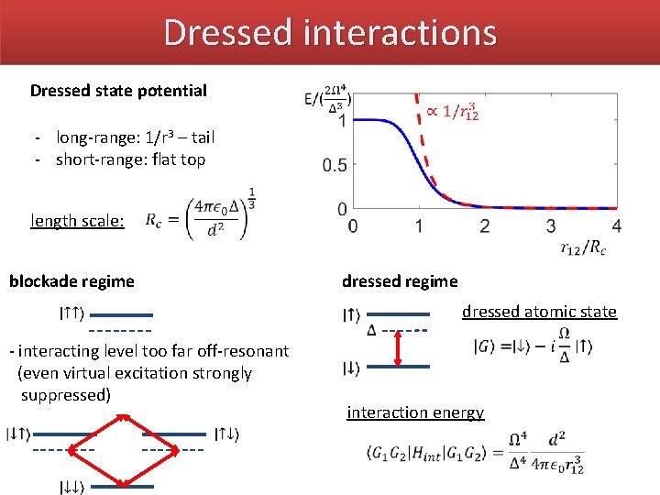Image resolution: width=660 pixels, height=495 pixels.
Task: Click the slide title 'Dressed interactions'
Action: (330, 32)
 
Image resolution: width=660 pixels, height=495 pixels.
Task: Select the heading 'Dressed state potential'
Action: (118, 91)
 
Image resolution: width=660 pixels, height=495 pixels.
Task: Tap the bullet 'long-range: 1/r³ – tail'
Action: (135, 137)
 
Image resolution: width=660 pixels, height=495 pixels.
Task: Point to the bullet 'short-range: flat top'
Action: (130, 159)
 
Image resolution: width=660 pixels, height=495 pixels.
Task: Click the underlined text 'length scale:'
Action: (77, 221)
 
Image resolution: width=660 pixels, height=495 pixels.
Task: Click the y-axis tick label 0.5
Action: (334, 165)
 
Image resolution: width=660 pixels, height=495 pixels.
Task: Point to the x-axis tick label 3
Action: (551, 226)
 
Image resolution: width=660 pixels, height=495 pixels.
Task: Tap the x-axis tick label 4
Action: (616, 226)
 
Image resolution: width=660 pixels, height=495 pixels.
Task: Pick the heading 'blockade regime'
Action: (71, 281)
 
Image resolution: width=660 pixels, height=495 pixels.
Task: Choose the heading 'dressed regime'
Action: (399, 281)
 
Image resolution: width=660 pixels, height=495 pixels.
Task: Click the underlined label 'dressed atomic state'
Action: (539, 312)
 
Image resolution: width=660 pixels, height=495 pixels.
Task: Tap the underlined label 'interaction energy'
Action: (414, 412)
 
